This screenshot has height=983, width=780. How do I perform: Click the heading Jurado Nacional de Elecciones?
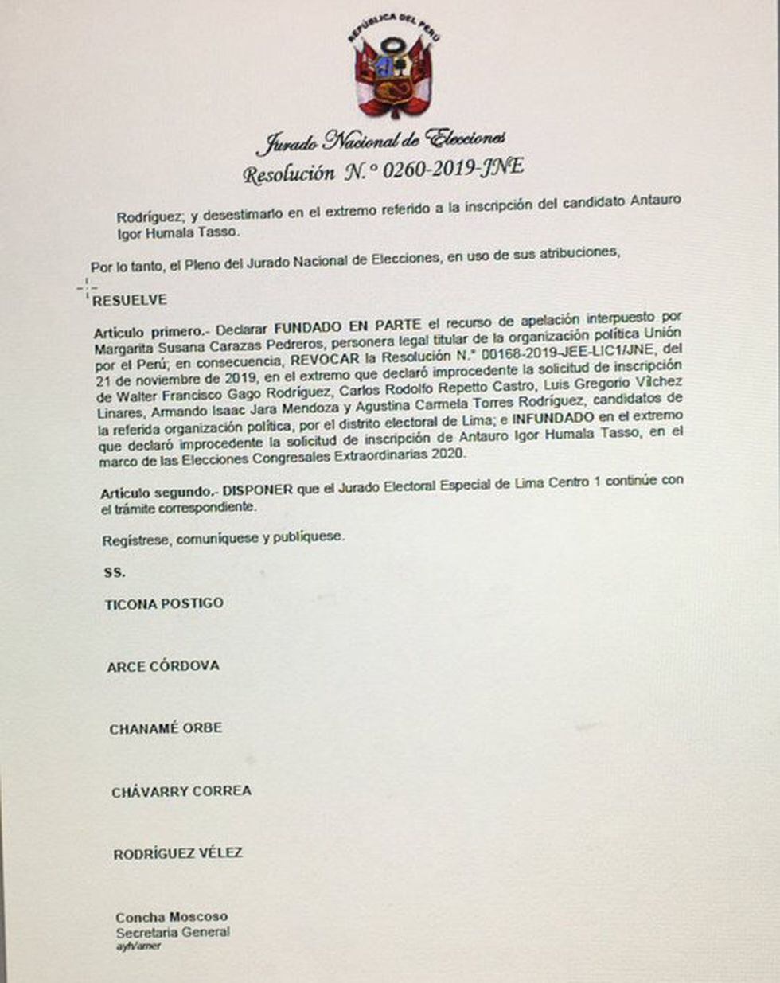[x=380, y=141]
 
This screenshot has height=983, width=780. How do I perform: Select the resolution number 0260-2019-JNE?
[x=451, y=168]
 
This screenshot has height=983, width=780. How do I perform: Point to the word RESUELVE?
[x=130, y=300]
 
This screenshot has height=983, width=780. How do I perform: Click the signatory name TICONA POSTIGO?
[x=164, y=604]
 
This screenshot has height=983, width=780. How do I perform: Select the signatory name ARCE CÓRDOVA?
[x=163, y=666]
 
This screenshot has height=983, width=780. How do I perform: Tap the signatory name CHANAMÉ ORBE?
[x=166, y=728]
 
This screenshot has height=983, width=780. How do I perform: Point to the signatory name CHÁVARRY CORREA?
[x=181, y=791]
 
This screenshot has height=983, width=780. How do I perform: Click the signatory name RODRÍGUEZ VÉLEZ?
[x=177, y=853]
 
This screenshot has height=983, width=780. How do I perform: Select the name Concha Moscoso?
[x=171, y=917]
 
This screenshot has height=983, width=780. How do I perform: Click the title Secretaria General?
[x=173, y=932]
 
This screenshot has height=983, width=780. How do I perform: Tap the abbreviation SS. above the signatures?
[x=115, y=572]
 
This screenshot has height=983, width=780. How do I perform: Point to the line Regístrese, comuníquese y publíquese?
[x=223, y=539]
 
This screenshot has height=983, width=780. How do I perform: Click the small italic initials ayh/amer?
[x=138, y=946]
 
